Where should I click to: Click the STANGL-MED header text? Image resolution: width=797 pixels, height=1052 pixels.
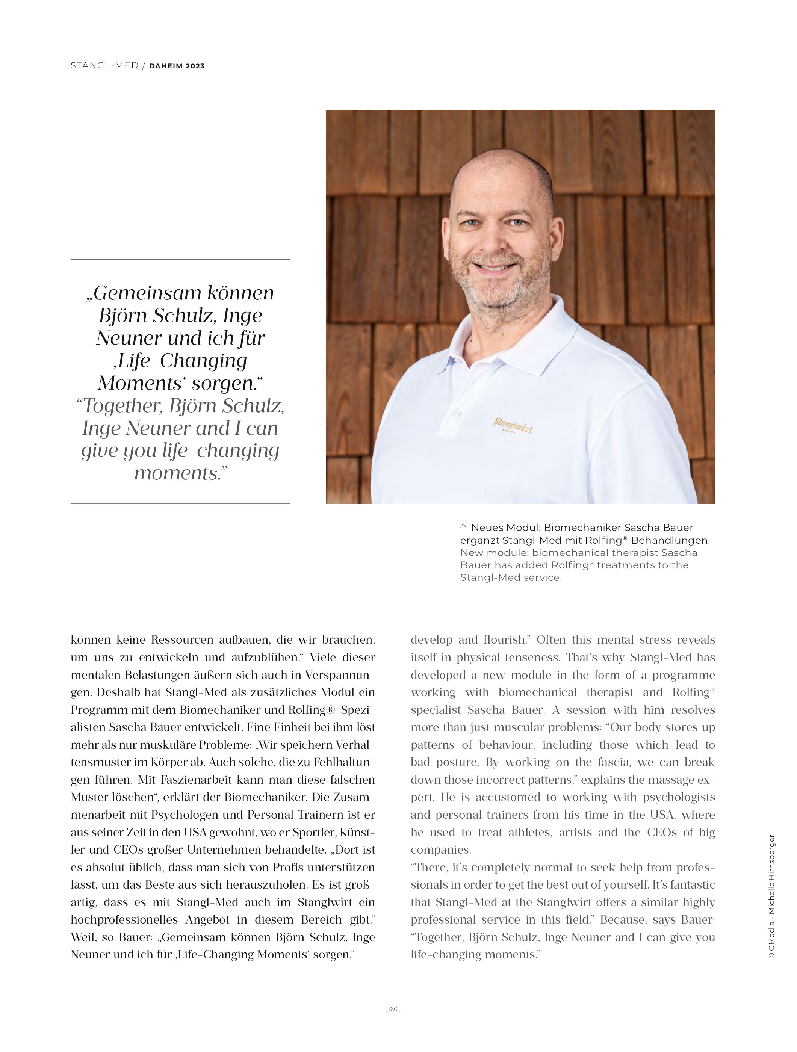click(104, 66)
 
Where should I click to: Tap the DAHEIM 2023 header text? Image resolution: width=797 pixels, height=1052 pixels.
click(177, 66)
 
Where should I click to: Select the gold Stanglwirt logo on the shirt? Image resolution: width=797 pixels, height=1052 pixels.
click(512, 425)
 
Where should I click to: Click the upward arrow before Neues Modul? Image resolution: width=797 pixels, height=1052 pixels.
click(463, 528)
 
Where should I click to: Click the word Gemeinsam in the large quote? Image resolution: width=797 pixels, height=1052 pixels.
click(145, 293)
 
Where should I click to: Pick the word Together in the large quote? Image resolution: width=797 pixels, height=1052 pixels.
click(123, 406)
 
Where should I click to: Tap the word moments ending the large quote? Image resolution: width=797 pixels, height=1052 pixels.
click(178, 473)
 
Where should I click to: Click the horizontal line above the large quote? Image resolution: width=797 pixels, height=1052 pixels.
click(180, 259)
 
